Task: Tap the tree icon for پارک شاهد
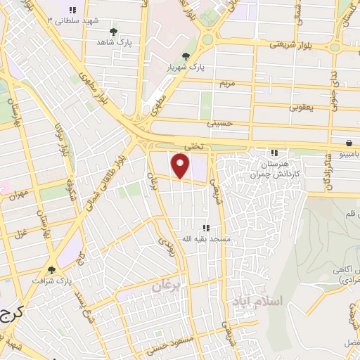pyautogui.click(x=114, y=32)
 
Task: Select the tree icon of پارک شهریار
pyautogui.click(x=186, y=56)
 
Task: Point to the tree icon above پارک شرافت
pyautogui.click(x=51, y=269)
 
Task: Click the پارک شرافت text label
pyautogui.click(x=51, y=281)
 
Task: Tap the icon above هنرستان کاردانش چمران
pyautogui.click(x=275, y=153)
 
